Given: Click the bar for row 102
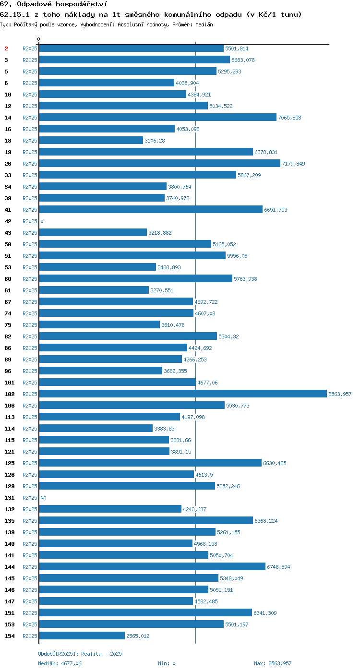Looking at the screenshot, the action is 183,394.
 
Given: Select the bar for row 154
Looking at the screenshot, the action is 82,636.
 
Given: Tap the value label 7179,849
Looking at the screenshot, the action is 293,164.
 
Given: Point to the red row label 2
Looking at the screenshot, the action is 6,48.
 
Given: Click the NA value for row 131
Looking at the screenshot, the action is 44,498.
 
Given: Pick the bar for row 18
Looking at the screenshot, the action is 91,140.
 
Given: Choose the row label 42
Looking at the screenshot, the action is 8,221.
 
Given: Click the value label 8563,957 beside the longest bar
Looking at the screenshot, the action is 340,394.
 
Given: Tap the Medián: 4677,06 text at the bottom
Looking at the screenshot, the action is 60,663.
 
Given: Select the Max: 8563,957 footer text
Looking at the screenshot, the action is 273,663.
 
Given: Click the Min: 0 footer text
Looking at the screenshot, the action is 167,663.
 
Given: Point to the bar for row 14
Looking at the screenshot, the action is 158,117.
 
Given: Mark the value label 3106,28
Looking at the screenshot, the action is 155,140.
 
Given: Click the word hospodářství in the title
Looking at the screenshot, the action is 81,4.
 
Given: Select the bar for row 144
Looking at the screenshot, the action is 153,566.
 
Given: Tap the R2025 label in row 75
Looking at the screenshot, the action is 30,325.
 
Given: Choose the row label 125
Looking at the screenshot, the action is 10,463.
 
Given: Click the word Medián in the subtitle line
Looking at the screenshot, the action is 204,24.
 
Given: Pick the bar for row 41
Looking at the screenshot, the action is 151,209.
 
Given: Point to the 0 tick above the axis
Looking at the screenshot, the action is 39,39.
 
